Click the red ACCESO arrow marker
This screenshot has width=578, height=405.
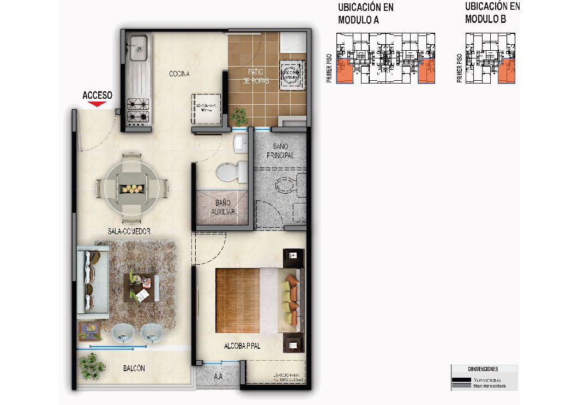97,104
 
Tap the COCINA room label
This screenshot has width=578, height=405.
179,74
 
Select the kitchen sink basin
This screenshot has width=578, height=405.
137,45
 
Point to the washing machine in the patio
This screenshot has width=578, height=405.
291,75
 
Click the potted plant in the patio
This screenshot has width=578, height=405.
238,116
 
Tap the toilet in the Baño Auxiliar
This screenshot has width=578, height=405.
225,172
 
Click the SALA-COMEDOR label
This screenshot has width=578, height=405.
129,231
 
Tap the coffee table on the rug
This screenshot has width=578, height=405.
141,288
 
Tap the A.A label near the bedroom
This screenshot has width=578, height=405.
218,376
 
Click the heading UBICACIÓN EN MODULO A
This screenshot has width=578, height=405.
365,14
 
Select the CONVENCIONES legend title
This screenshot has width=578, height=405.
483,369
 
